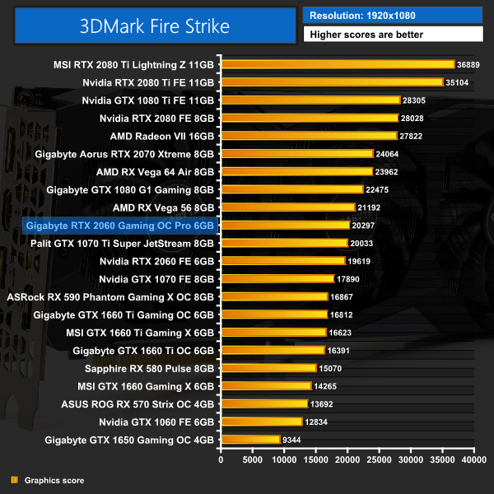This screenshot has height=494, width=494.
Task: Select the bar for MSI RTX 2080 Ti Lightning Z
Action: [338, 64]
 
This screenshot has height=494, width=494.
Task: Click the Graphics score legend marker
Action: [13, 480]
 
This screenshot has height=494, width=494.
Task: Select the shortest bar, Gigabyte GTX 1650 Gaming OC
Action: [250, 440]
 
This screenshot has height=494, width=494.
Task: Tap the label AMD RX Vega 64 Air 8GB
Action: [155, 171]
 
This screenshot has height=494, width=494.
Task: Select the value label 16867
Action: [344, 296]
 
